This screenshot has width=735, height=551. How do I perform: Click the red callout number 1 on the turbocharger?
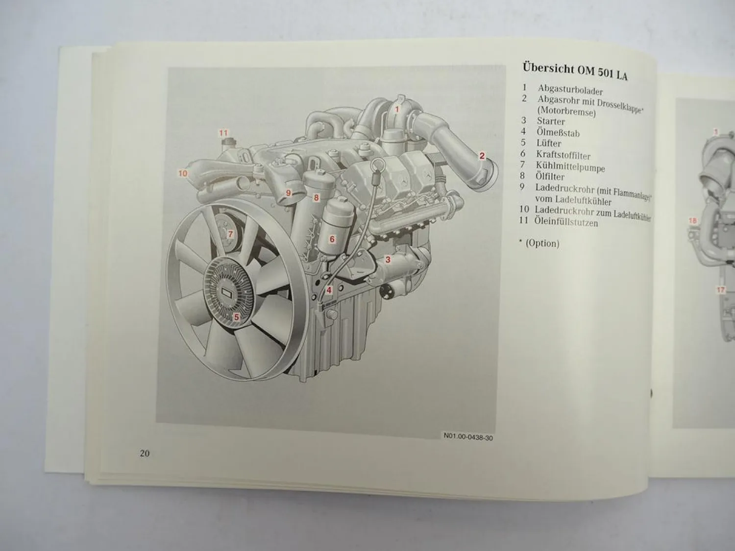397,109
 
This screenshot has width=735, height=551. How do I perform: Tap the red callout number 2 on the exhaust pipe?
482,156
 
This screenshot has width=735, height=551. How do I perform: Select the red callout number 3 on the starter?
388,260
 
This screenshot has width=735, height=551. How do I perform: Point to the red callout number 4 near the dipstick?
329,290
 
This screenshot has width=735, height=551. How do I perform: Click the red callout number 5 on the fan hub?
236,317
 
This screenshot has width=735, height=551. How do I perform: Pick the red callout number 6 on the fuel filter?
332,239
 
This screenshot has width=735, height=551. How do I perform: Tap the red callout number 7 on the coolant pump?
230,234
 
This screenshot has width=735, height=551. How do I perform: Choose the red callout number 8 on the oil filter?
317,198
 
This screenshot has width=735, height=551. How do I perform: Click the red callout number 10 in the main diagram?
183,173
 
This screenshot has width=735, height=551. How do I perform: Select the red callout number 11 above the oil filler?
223,133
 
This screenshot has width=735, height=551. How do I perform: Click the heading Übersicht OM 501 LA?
575,70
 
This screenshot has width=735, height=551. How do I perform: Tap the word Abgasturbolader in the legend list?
570,90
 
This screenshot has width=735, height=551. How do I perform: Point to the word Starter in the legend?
551,121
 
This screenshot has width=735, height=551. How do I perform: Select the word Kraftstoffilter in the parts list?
563,155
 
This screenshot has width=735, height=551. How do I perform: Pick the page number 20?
145,453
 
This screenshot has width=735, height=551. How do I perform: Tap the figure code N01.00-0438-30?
468,437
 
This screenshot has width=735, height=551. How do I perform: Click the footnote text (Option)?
542,243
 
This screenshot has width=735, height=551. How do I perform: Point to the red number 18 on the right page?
692,221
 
